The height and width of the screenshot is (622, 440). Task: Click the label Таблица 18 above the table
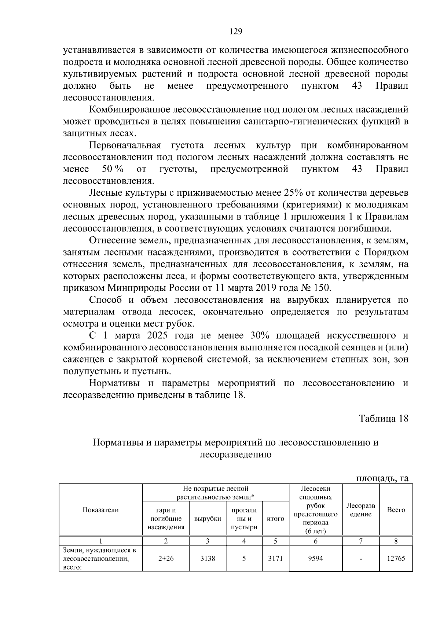click(383, 419)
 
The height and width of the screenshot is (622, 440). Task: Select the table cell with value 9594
click(315, 559)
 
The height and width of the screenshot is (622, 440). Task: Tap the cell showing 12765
click(396, 559)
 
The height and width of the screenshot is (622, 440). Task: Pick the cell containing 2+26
click(166, 559)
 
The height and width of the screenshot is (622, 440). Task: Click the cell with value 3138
click(208, 559)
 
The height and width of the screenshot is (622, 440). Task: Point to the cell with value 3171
click(275, 559)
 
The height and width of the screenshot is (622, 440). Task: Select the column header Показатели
click(100, 510)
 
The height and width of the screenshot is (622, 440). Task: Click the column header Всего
click(396, 510)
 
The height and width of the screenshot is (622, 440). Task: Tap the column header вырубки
click(208, 519)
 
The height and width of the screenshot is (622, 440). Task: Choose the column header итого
click(275, 519)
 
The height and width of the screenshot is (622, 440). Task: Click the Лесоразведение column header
click(360, 510)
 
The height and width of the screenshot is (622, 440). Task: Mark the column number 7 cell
click(360, 541)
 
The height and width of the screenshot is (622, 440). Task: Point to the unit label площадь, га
click(382, 478)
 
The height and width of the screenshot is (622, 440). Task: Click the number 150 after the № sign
click(321, 287)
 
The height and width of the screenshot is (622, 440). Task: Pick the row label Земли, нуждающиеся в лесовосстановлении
click(100, 559)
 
